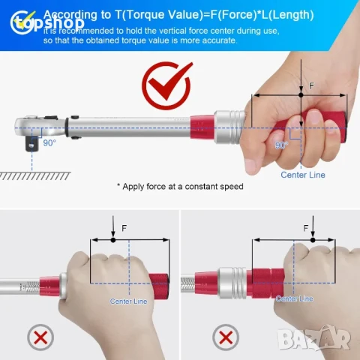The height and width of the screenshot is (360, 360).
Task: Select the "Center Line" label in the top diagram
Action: point(303,175)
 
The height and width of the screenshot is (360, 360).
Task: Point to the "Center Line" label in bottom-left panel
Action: point(129,301)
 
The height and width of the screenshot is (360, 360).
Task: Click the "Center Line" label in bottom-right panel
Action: point(293,298)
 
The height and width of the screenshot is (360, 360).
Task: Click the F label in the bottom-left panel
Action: point(124,226)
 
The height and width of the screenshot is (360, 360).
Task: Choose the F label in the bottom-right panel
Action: point(305,226)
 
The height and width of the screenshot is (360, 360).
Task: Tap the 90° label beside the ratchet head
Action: point(49,142)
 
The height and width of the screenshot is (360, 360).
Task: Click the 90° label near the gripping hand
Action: point(280,145)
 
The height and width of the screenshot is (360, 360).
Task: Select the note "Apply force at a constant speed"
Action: point(179,186)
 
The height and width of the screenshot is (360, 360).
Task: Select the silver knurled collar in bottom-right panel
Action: point(232,278)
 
